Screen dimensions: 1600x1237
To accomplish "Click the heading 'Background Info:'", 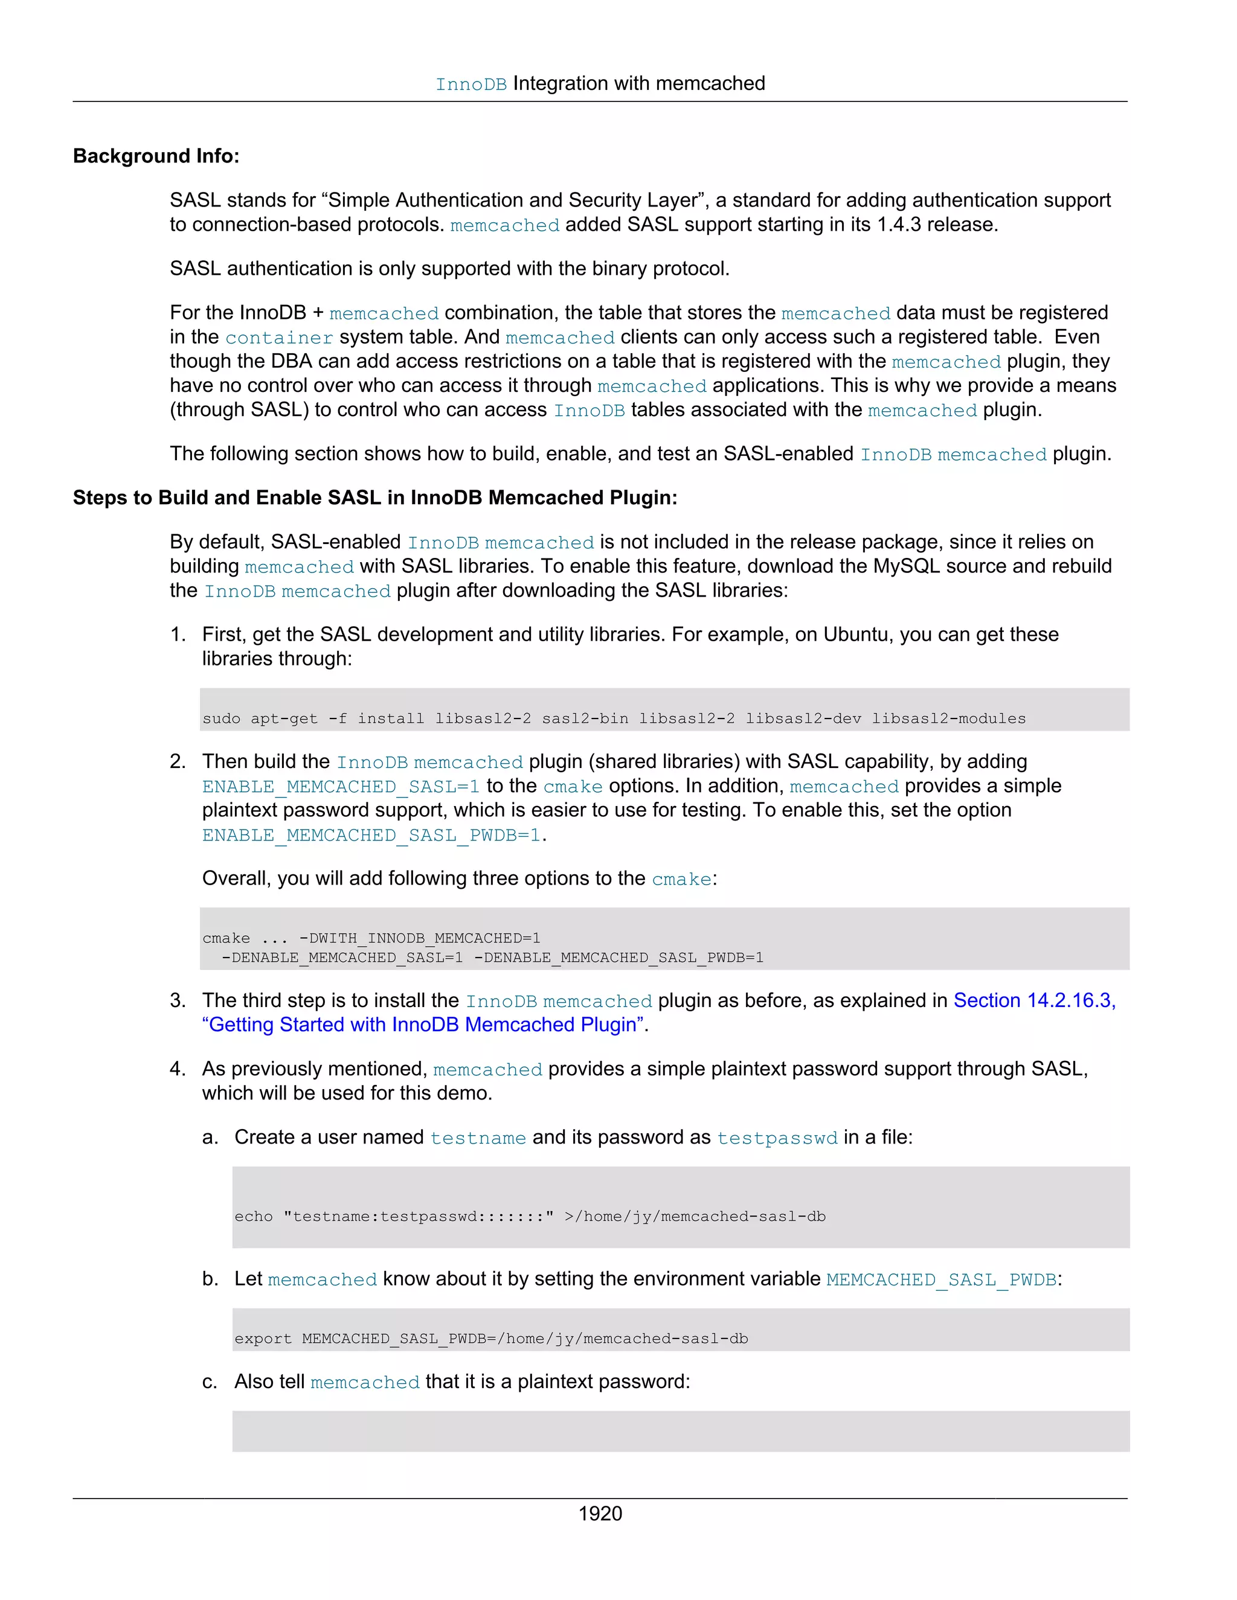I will pyautogui.click(x=156, y=156).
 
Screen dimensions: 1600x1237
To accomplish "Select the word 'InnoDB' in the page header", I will pyautogui.click(x=471, y=85).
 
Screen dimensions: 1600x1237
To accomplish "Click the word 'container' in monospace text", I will pyautogui.click(x=278, y=338).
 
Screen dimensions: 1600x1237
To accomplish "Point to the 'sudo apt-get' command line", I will pyautogui.click(x=614, y=718).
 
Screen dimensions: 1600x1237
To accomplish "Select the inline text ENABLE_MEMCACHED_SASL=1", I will pyautogui.click(x=341, y=787).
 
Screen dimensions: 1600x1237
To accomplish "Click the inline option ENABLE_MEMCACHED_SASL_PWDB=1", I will pyautogui.click(x=371, y=836).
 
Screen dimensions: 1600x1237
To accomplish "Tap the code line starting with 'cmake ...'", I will pyautogui.click(x=371, y=938).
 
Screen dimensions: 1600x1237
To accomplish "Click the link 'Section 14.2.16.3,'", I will pyautogui.click(x=1034, y=1000).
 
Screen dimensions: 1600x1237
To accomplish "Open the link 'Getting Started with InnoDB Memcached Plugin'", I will pyautogui.click(x=423, y=1025).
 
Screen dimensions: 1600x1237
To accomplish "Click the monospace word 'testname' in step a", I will pyautogui.click(x=478, y=1138).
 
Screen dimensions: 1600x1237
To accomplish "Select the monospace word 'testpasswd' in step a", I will pyautogui.click(x=777, y=1138).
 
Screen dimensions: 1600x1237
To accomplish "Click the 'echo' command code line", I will pyautogui.click(x=530, y=1217).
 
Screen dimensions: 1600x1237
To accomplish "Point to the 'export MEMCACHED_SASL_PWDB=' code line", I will pyautogui.click(x=491, y=1339).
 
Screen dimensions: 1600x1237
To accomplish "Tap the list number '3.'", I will pyautogui.click(x=178, y=1000).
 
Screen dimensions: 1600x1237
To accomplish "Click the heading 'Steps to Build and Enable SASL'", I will pyautogui.click(x=374, y=498).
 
